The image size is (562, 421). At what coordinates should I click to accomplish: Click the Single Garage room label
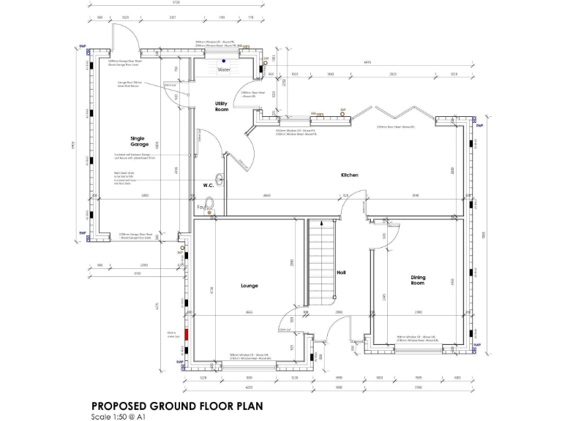[138, 141]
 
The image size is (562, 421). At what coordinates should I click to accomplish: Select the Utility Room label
[221, 107]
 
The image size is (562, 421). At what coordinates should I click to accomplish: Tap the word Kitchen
[348, 175]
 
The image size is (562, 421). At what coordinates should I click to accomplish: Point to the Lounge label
[248, 286]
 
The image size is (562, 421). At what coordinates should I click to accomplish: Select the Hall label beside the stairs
[340, 273]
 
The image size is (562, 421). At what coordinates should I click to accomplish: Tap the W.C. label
[208, 186]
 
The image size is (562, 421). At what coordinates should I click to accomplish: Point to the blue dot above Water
[224, 61]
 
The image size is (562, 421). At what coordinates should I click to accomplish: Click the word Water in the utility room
[224, 70]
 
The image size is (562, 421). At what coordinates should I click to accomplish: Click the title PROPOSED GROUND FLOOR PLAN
[172, 406]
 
